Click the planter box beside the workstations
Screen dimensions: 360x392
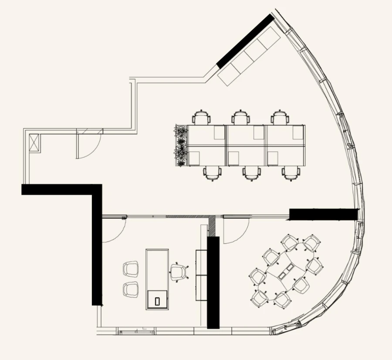(x=181, y=145)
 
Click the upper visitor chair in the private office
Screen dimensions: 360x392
(x=131, y=268)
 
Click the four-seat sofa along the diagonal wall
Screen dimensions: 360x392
(x=249, y=55)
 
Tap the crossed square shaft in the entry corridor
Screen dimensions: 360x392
(x=34, y=143)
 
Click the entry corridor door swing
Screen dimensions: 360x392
(x=89, y=144)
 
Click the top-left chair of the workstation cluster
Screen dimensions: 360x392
(x=202, y=118)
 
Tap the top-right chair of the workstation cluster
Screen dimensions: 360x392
(x=280, y=118)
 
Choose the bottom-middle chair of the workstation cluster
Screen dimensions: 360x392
(x=251, y=173)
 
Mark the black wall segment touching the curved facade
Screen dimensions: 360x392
(x=323, y=214)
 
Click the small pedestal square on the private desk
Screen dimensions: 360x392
(x=157, y=300)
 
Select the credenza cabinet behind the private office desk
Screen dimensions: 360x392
(x=201, y=275)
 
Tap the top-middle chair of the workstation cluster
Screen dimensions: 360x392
(x=241, y=118)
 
